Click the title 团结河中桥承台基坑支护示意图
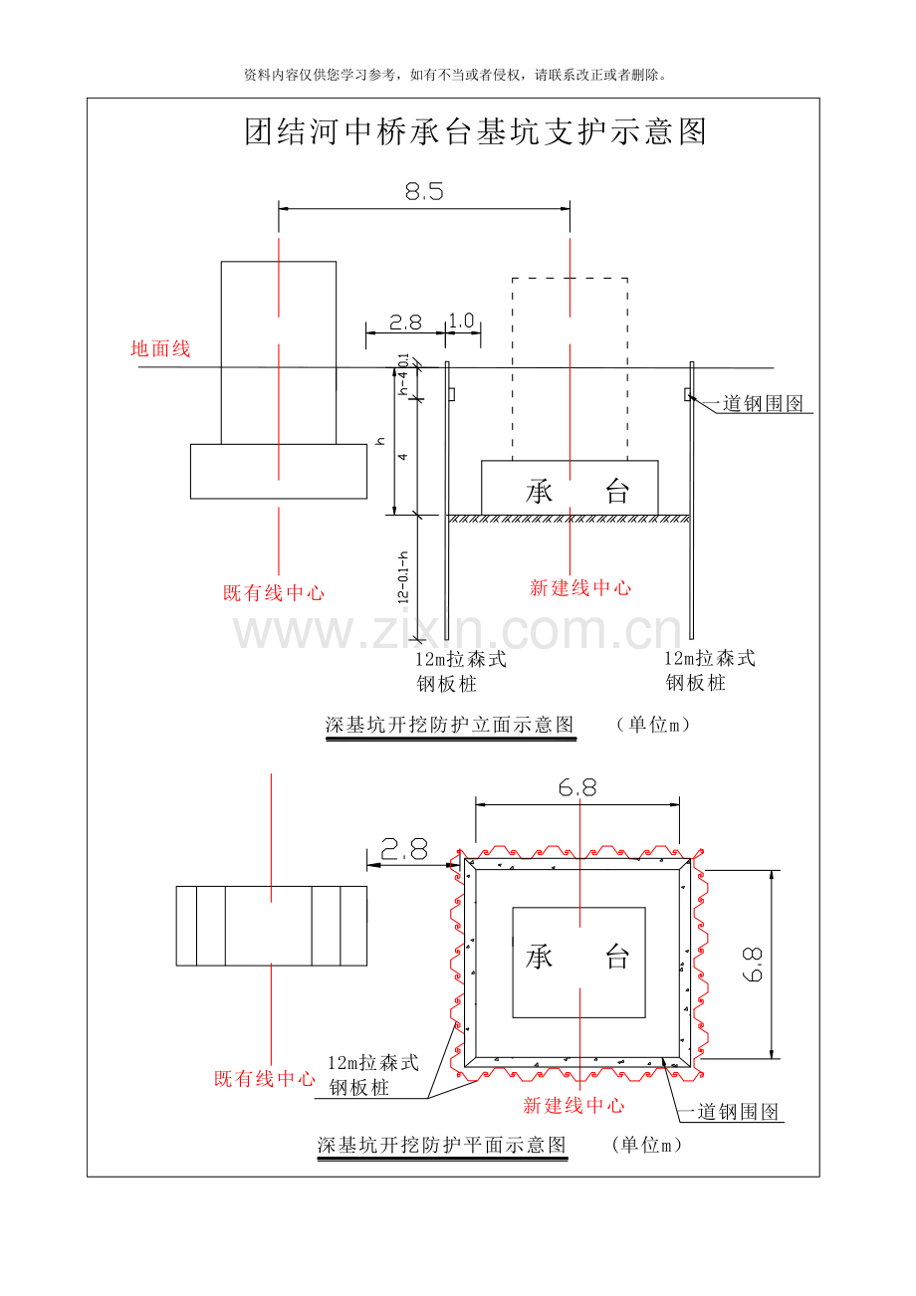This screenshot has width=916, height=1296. (475, 132)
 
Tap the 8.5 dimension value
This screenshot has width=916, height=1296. (424, 191)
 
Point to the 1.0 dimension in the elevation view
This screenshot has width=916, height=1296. (461, 321)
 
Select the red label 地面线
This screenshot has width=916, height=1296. (160, 348)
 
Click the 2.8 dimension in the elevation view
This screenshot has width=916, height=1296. (405, 323)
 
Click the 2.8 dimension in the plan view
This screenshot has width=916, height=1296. (404, 849)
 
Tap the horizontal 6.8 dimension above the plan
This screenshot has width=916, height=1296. (577, 786)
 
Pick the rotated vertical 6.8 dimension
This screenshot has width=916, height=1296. (753, 965)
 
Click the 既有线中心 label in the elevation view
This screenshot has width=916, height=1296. (274, 593)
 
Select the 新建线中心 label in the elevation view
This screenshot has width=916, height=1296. (580, 588)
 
